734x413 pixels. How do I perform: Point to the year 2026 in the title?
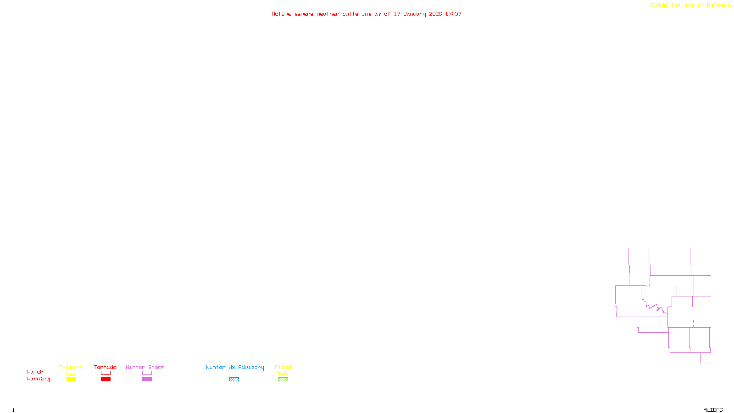click(435, 14)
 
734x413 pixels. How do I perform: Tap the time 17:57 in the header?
click(453, 14)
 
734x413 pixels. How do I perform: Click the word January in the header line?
click(414, 14)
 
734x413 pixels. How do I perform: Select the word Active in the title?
click(281, 14)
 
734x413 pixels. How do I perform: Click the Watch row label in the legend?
click(35, 372)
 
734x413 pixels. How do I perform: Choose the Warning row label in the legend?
click(38, 379)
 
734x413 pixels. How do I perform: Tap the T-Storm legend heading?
click(71, 367)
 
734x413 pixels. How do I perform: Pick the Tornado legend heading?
click(105, 367)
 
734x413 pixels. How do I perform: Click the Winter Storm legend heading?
click(145, 367)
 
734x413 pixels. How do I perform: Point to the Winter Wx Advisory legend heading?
click(235, 367)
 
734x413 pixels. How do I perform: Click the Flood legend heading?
click(283, 367)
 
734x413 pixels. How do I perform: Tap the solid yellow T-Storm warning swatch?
click(71, 380)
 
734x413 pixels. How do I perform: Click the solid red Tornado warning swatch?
click(106, 380)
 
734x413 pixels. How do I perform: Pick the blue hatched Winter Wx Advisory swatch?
click(234, 380)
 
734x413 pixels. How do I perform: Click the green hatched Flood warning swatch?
click(284, 380)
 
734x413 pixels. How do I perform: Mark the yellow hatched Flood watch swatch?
click(284, 373)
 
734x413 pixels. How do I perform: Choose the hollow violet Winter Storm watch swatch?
click(147, 373)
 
